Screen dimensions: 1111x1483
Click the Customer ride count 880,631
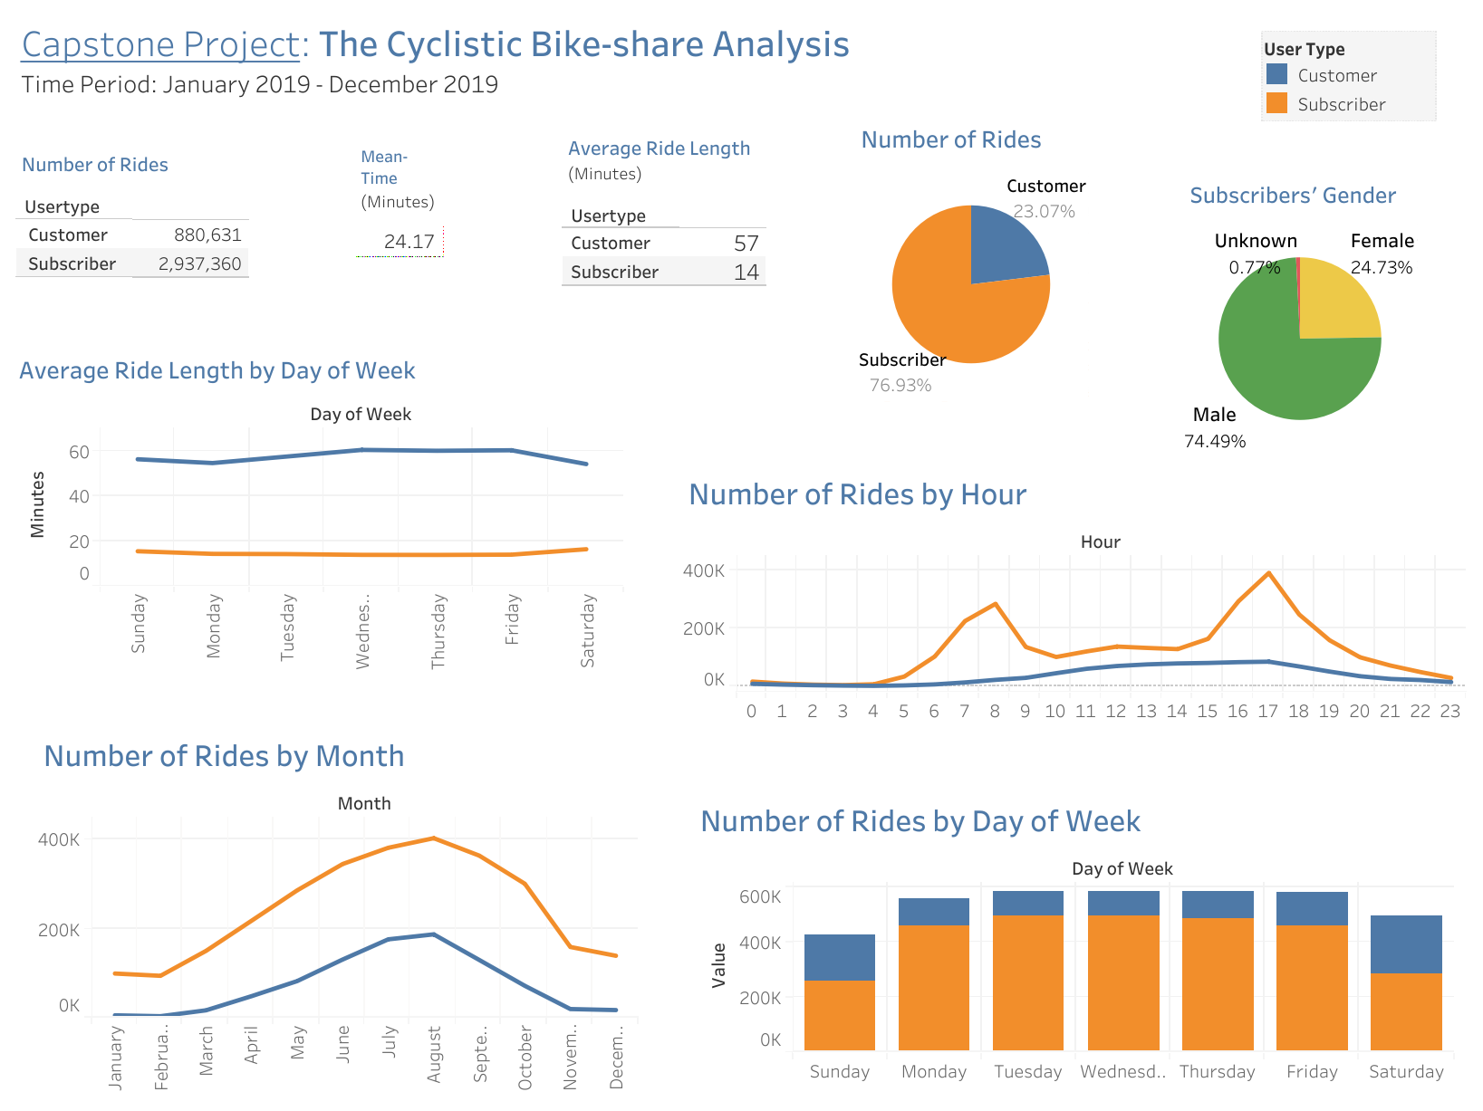(207, 235)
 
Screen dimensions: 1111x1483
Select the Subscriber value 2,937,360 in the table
(199, 264)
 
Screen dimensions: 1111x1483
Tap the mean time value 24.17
(409, 242)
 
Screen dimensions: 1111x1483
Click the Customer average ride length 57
(746, 244)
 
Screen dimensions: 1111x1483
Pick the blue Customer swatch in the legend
(1276, 74)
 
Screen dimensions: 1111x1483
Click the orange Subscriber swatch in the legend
(1276, 103)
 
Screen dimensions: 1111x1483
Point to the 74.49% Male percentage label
(1215, 442)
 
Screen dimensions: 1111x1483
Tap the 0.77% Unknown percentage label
(1254, 268)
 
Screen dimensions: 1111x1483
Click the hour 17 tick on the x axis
(1267, 712)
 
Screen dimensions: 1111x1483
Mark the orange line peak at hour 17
(1268, 573)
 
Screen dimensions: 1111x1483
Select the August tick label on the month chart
(434, 1054)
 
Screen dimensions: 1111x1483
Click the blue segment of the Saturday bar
(1405, 944)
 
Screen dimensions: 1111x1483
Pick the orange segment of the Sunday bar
(839, 1015)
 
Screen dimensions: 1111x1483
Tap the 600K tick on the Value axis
(760, 897)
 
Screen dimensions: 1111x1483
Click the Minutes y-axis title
(38, 504)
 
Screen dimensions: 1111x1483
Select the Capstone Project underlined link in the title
(160, 44)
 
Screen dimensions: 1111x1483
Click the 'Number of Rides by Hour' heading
(857, 495)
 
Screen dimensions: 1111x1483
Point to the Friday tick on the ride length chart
(513, 619)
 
